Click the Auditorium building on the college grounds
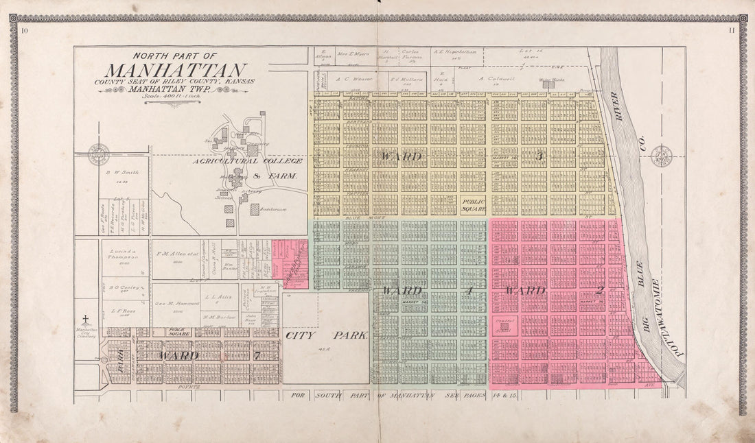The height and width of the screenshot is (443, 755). [255, 209]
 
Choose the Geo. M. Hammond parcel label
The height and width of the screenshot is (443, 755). [172, 302]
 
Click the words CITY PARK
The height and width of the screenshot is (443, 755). [326, 336]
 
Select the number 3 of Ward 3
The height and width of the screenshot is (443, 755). [539, 157]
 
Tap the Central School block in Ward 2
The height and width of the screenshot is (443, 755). [505, 326]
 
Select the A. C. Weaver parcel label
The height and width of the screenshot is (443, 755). [354, 80]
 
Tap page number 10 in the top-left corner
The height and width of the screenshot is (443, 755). [25, 30]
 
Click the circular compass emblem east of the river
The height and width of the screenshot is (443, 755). [661, 156]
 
